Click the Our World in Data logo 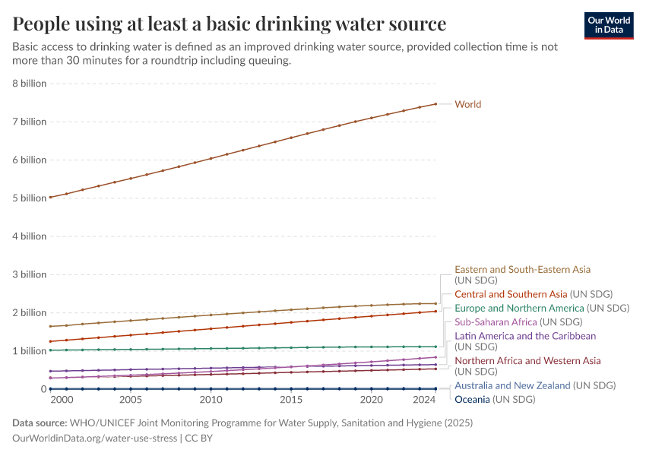pos(608,25)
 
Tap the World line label pos(467,104)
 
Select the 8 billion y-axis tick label pos(30,84)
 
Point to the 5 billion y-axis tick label pos(30,198)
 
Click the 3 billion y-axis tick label pos(30,274)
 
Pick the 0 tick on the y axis pos(43,389)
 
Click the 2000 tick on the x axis pos(62,400)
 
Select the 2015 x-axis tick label pos(291,400)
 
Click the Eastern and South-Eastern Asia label pos(522,269)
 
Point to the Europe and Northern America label pos(541,309)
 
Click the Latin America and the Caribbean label pos(525,336)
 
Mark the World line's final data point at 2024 pos(435,104)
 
